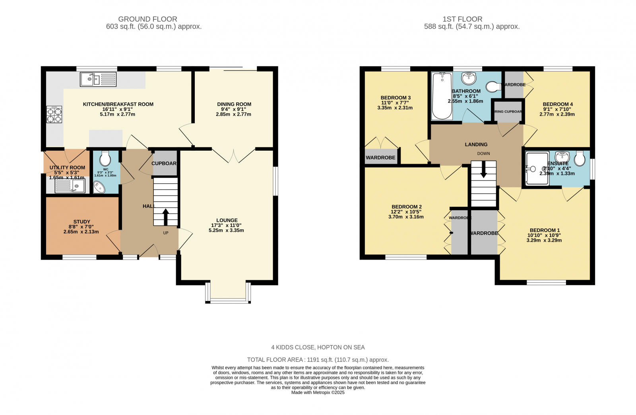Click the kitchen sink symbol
point(98,79)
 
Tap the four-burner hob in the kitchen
point(54,114)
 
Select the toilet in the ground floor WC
point(105,159)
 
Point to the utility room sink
point(70,186)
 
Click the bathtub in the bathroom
point(442,96)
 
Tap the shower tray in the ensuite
point(537,169)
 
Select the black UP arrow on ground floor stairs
point(165,217)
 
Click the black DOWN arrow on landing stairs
point(483,170)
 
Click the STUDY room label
point(81,222)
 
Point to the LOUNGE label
point(227,220)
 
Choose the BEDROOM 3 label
point(395,98)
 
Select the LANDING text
point(476,144)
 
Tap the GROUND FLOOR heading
point(147,19)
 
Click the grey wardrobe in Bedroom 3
point(380,157)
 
